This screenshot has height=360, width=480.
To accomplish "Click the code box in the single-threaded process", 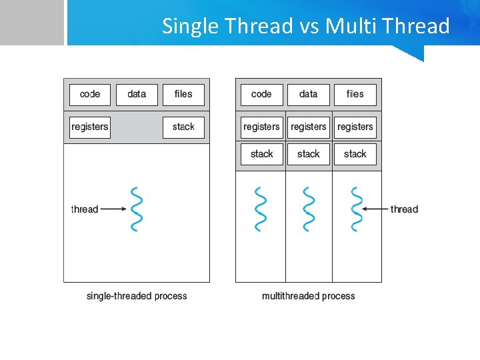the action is pos(90,95).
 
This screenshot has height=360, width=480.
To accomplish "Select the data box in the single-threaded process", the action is pos(137,95).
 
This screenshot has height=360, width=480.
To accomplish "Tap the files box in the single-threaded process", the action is pos(183,95).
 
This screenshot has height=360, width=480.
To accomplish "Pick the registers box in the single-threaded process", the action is pos(90,127).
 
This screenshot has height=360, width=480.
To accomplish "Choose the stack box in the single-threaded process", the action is pos(183,127).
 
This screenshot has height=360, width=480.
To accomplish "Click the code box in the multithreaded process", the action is pos(261,95).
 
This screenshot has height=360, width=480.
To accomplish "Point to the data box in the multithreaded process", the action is pos(309,95).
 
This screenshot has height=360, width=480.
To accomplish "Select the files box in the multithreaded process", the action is pos(355,95).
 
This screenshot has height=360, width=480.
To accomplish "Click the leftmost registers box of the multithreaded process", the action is pos(261,127).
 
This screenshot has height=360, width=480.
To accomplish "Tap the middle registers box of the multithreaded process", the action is pos(309,127).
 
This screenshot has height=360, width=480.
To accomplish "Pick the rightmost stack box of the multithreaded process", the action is pos(355,154).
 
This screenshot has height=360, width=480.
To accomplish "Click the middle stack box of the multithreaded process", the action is pos(309,154).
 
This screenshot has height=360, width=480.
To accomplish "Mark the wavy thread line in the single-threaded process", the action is pos(137,209).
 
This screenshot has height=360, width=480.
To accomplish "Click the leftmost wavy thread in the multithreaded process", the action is pos(261,209).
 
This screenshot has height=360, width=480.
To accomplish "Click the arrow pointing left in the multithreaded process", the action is pos(375,209).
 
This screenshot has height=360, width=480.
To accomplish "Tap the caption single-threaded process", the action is pos(137,296).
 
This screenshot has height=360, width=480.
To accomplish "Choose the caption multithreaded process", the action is pos(309,296).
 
